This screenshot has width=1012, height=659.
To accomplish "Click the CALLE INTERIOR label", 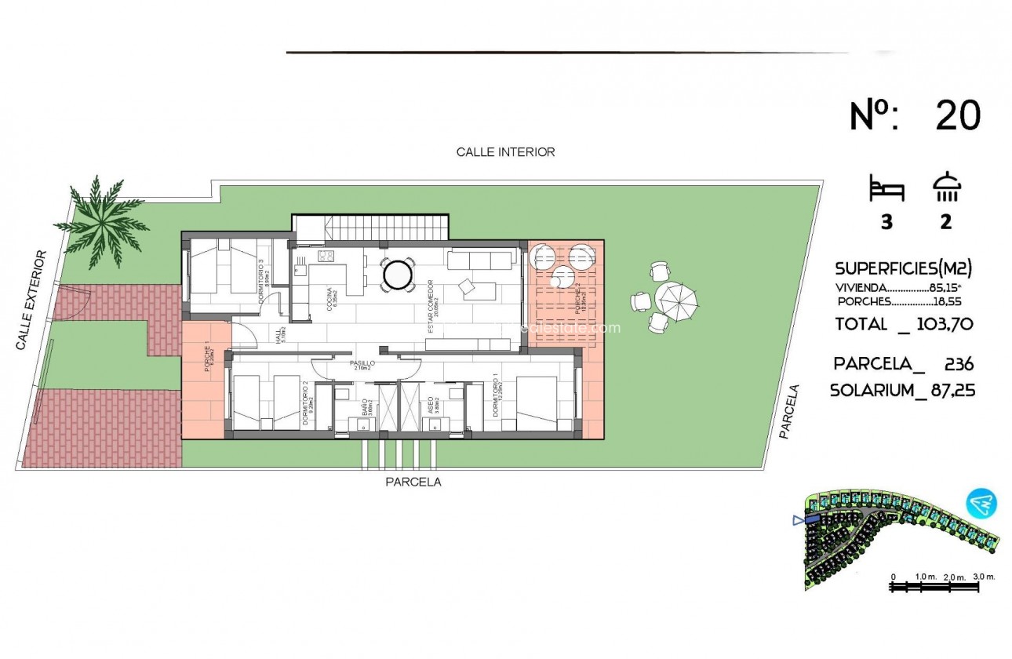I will pyautogui.click(x=505, y=152).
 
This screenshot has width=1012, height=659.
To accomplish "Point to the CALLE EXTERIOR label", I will pyautogui.click(x=31, y=300).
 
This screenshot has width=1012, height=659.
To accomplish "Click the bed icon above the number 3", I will pyautogui.click(x=886, y=190).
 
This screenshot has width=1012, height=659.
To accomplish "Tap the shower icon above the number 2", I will pyautogui.click(x=947, y=188).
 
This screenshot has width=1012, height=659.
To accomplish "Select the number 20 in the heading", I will pyautogui.click(x=958, y=116).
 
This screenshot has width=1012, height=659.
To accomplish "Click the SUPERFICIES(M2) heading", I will pyautogui.click(x=904, y=268).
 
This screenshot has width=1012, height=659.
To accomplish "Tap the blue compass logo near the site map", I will pyautogui.click(x=981, y=502).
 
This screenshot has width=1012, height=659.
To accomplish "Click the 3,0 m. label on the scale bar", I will pyautogui.click(x=984, y=577).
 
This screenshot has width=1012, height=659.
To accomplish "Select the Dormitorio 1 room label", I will pyautogui.click(x=497, y=400).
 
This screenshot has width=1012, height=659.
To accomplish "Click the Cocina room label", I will pyautogui.click(x=329, y=299).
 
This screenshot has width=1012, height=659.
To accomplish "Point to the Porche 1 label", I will pyautogui.click(x=207, y=361).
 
